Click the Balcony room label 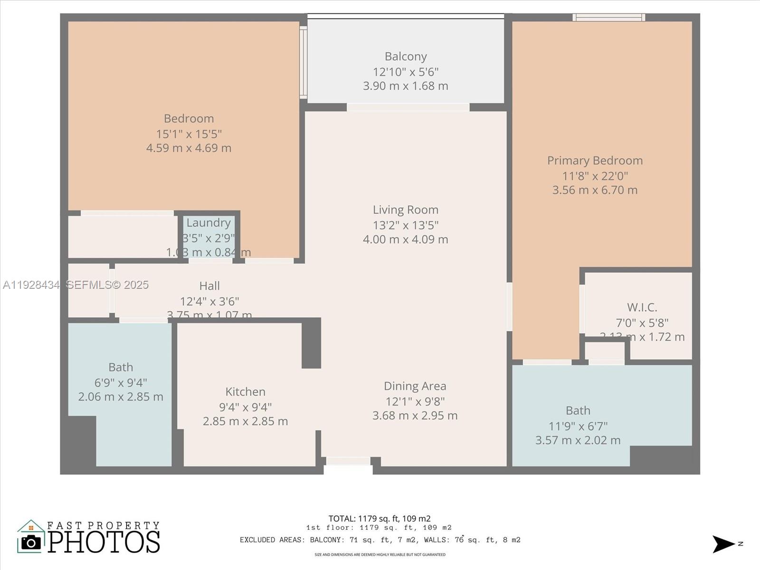406,57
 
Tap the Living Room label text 406,210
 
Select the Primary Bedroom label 595,161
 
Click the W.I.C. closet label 642,307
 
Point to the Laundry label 209,223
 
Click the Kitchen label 245,392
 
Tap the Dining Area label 415,386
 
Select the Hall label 209,286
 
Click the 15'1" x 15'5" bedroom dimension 189,134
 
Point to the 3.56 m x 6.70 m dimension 595,190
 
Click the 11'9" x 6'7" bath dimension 578,426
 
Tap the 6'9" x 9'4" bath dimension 121,382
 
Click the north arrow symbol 723,544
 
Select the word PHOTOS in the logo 104,542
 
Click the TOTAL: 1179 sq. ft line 380,519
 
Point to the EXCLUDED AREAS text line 380,540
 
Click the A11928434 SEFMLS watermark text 76,285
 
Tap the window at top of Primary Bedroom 608,18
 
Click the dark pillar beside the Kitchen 312,343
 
